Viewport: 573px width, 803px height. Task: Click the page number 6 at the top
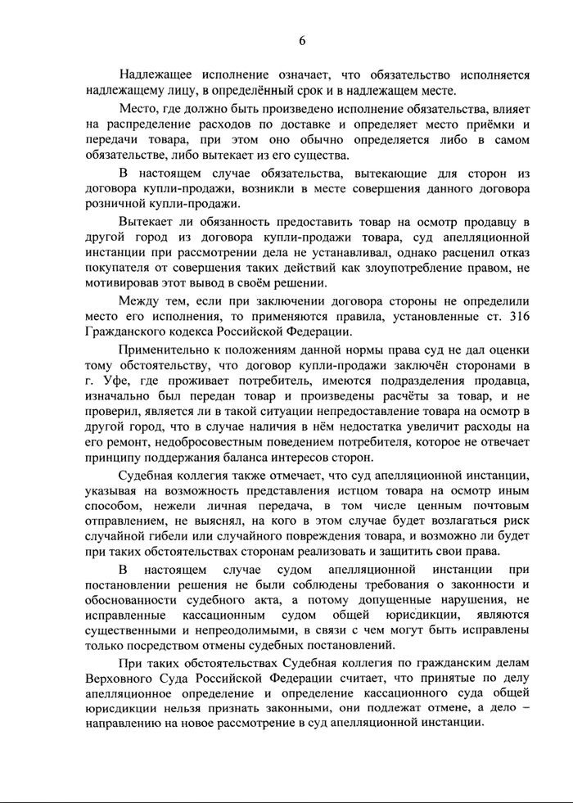(302, 40)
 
